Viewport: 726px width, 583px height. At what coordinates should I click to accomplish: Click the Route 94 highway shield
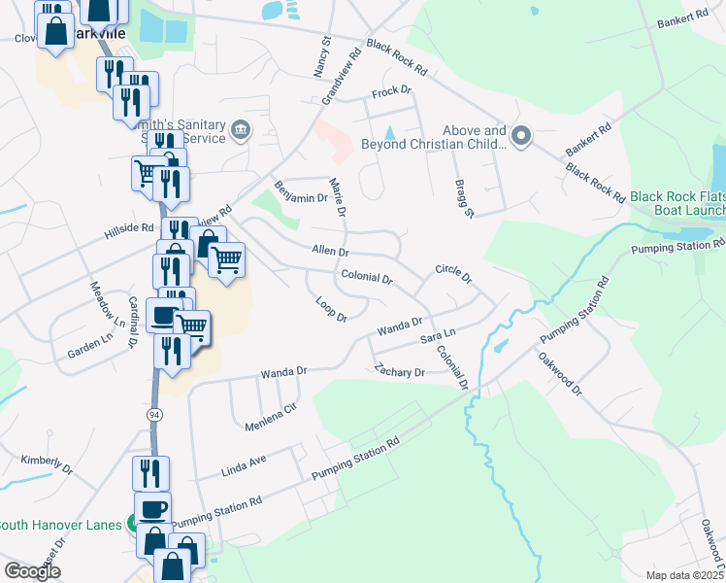(153, 414)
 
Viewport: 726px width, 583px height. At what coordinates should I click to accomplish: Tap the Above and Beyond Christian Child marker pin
(522, 137)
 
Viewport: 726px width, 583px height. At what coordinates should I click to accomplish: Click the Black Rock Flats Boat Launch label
(677, 203)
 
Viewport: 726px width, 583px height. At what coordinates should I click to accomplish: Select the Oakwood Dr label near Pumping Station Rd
(561, 373)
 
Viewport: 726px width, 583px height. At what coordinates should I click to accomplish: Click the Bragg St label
(463, 198)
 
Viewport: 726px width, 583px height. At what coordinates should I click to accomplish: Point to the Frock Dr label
(392, 93)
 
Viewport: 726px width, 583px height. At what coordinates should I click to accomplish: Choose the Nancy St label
(321, 58)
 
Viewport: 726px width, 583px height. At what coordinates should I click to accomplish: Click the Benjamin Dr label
(301, 192)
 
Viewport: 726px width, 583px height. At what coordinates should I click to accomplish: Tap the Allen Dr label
(330, 251)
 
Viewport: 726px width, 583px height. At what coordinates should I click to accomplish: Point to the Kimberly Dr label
(47, 464)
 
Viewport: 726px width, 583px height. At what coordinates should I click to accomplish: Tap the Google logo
(32, 571)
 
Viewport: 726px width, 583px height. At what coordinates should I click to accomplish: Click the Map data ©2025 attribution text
(684, 574)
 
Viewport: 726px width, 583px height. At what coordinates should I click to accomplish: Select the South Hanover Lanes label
(61, 525)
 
